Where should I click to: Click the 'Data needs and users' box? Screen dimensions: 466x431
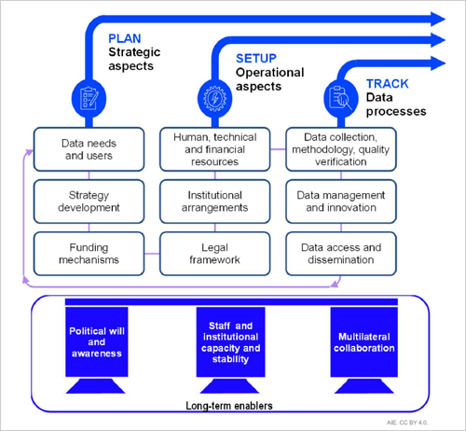89,149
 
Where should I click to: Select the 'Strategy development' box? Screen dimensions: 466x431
89,202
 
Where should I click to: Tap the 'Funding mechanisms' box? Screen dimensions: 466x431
89,254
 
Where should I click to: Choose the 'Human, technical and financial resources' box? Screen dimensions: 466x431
215,149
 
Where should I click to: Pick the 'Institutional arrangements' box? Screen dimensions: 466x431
215,202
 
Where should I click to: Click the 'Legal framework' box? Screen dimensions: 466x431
215,254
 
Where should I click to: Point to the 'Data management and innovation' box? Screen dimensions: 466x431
341,202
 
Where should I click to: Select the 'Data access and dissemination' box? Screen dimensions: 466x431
341,254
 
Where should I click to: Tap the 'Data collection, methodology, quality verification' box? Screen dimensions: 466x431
341,149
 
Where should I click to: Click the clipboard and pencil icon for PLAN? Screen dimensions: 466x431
89,99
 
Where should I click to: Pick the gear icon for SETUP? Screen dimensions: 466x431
215,99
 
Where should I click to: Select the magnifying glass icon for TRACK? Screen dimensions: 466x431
341,99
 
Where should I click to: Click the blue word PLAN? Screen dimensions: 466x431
125,38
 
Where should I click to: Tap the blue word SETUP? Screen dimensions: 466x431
256,59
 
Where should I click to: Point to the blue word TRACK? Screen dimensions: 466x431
388,84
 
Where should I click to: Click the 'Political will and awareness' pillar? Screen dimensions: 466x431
97,350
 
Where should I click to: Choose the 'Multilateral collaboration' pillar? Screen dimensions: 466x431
364,350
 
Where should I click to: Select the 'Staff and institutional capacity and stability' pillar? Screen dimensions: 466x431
230,350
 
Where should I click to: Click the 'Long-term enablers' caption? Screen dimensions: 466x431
229,406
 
